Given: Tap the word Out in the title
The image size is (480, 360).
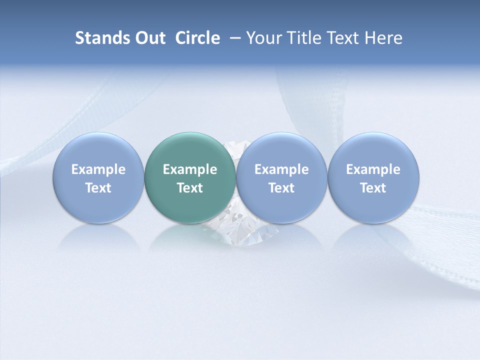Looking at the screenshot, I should [x=149, y=38].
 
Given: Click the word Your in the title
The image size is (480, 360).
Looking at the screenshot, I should [x=262, y=38].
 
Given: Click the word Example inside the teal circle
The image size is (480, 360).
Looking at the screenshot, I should [x=190, y=169].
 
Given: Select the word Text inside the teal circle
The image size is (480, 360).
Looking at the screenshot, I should [x=190, y=188].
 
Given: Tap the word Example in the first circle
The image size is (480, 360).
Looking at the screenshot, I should [x=98, y=169].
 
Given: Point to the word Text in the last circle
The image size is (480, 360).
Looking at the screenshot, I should [x=373, y=188].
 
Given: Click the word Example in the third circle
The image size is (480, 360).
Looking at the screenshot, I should [x=281, y=169].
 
